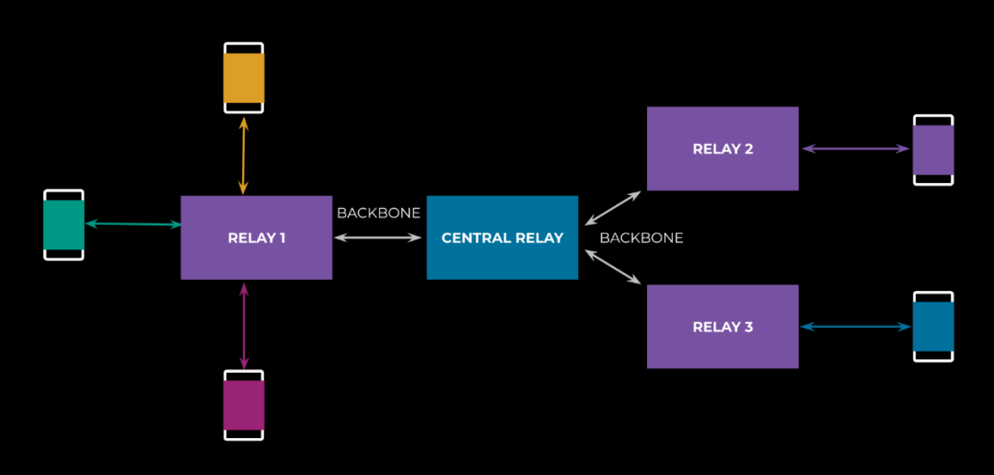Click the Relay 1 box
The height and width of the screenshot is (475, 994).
coord(256,237)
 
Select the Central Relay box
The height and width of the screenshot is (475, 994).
coord(502,237)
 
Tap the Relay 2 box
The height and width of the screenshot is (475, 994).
coord(722,148)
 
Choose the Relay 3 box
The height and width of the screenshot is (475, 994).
coord(722,327)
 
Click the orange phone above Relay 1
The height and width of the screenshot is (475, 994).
coord(244,78)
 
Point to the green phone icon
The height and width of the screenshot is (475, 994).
coord(64,225)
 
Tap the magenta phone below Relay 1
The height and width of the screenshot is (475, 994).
coord(244,405)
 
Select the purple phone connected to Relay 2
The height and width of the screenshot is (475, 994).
coord(932,149)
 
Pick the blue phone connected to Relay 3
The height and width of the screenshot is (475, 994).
coord(932,327)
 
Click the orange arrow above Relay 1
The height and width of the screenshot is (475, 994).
coord(243,155)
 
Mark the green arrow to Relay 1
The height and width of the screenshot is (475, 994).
coord(133,224)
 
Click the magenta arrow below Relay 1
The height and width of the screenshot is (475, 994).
coord(243,325)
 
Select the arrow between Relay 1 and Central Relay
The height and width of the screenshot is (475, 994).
coord(378,237)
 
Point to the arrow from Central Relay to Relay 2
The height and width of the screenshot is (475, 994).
coord(613,208)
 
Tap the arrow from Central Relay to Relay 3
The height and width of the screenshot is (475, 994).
coord(613,267)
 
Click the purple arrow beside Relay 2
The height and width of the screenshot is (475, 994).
coord(855,148)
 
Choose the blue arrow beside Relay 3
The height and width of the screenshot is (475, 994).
coord(855,327)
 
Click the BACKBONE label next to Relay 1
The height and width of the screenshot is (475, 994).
coord(378,214)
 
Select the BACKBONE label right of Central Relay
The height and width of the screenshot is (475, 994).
coord(641,237)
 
